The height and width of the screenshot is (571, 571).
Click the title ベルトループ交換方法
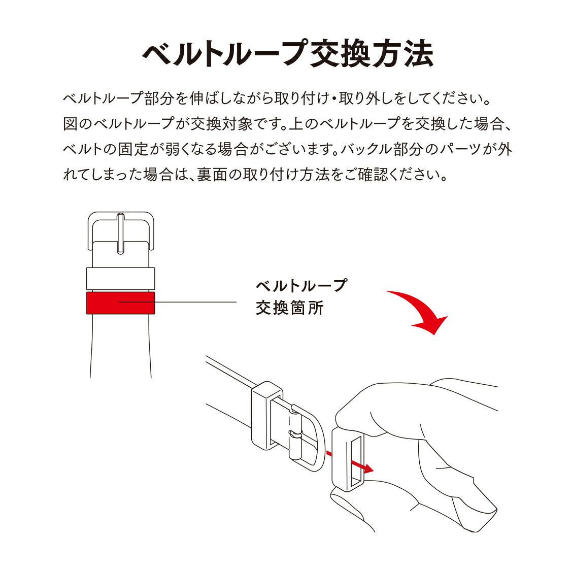288,53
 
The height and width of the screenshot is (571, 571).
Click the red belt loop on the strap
120,303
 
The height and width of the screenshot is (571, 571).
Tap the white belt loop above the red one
120,279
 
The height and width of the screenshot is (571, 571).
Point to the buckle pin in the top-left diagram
120,233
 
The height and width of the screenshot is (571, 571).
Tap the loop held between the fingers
348,459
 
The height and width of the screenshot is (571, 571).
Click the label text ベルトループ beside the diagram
301,285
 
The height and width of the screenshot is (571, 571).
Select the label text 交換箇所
289,308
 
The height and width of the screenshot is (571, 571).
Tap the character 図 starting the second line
70,124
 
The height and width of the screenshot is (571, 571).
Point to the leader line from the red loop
177,302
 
